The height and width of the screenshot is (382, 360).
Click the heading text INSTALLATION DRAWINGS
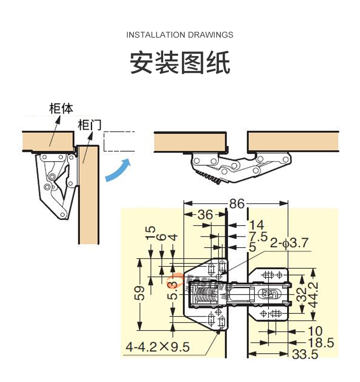coord(180,35)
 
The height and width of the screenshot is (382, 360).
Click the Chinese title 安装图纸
coord(180,63)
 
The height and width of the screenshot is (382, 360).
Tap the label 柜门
coord(89,125)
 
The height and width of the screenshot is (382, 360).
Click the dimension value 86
coord(237,203)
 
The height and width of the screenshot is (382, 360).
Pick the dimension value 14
coord(257,225)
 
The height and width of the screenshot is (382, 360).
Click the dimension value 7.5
coord(258,236)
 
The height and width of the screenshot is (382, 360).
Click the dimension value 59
coord(139,294)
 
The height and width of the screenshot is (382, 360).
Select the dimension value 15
coord(151,233)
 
